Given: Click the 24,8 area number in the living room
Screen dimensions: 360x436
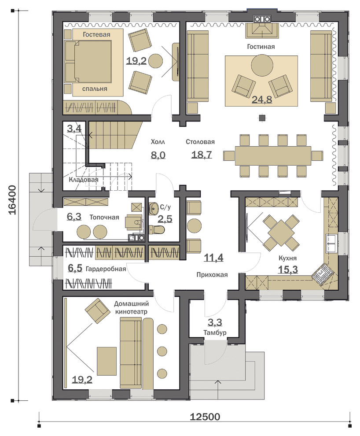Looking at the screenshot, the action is [262, 99].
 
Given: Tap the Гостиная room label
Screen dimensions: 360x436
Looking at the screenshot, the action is [261, 46].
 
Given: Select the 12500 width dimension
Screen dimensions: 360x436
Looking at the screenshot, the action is [205, 417].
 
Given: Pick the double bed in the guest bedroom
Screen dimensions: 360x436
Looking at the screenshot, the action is [88, 62].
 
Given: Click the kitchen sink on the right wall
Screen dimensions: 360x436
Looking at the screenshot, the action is [331, 243].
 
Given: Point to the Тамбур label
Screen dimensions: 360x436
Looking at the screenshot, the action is [215, 333].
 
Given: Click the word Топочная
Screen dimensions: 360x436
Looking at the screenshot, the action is [104, 217].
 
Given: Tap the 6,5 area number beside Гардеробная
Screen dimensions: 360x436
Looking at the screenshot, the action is [75, 268].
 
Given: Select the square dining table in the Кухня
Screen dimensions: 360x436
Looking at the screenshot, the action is [281, 233].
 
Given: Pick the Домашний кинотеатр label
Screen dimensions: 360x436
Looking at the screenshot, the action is [132, 307].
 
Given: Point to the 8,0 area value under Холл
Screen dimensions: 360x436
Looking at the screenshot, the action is [158, 155].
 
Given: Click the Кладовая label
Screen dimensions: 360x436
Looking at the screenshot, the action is [84, 180].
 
